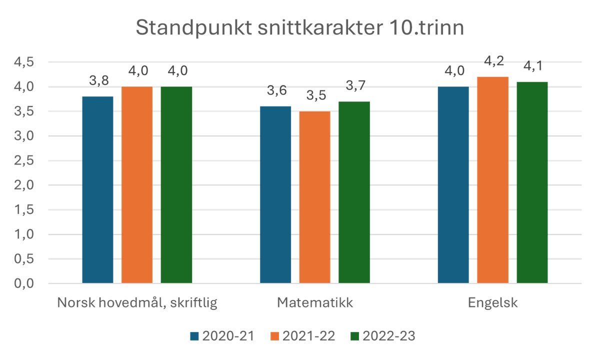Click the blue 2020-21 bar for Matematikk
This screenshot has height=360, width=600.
[x=275, y=194]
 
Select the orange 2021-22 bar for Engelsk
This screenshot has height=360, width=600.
[x=492, y=180]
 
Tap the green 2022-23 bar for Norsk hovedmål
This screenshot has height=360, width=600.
[x=176, y=185]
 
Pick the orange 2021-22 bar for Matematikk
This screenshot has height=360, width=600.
[x=314, y=197]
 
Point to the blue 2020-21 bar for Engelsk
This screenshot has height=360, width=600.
[x=453, y=185]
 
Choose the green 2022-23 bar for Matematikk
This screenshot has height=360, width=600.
[x=354, y=192]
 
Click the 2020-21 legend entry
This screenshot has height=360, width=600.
[x=222, y=336]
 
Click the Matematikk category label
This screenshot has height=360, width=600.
[x=315, y=303]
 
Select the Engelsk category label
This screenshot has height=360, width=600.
[x=492, y=303]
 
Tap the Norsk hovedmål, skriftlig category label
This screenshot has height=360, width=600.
[x=137, y=303]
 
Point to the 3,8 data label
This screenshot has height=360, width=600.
[x=98, y=80]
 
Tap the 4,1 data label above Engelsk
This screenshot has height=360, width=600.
[x=532, y=66]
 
